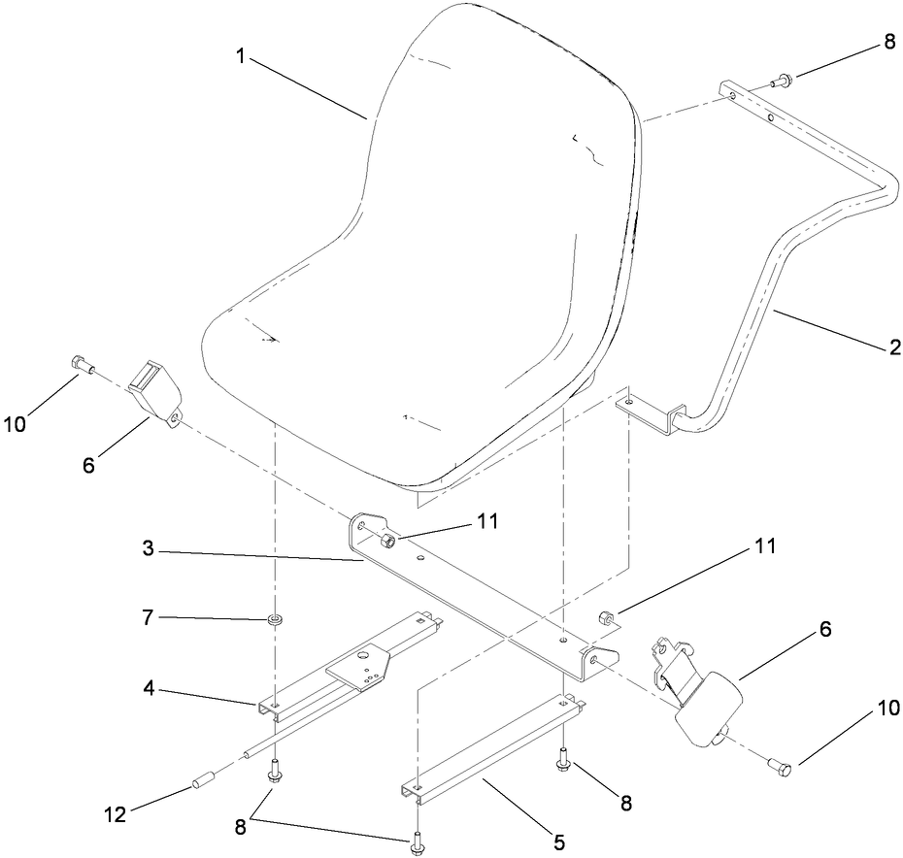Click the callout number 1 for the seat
coord(240,55)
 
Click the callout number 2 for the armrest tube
coord(894,346)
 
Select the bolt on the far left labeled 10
coord(82,365)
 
